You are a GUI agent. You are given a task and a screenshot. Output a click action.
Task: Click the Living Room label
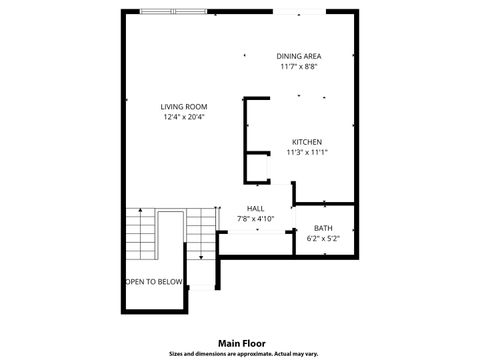point(183,106)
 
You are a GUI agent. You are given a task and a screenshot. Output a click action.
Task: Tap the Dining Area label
point(300,56)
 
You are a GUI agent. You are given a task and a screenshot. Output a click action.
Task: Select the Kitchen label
point(306,142)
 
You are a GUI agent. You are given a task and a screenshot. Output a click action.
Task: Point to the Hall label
point(255,208)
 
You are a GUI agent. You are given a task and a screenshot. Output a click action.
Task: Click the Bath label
point(323,228)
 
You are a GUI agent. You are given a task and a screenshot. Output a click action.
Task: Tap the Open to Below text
point(154,282)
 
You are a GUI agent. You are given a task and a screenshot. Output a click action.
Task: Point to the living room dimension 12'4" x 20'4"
point(183,117)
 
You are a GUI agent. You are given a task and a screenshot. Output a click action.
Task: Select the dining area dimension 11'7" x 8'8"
point(300,67)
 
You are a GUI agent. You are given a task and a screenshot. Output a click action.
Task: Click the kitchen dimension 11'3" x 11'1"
point(306,153)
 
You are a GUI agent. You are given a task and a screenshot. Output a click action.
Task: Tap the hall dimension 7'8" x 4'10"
point(255,218)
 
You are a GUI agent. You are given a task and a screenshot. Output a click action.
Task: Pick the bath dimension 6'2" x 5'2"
point(323,239)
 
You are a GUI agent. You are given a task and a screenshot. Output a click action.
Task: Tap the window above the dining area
point(301,11)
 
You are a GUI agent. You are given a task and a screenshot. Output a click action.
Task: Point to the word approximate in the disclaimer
point(247,353)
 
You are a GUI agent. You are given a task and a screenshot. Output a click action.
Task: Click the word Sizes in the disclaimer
point(176,353)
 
